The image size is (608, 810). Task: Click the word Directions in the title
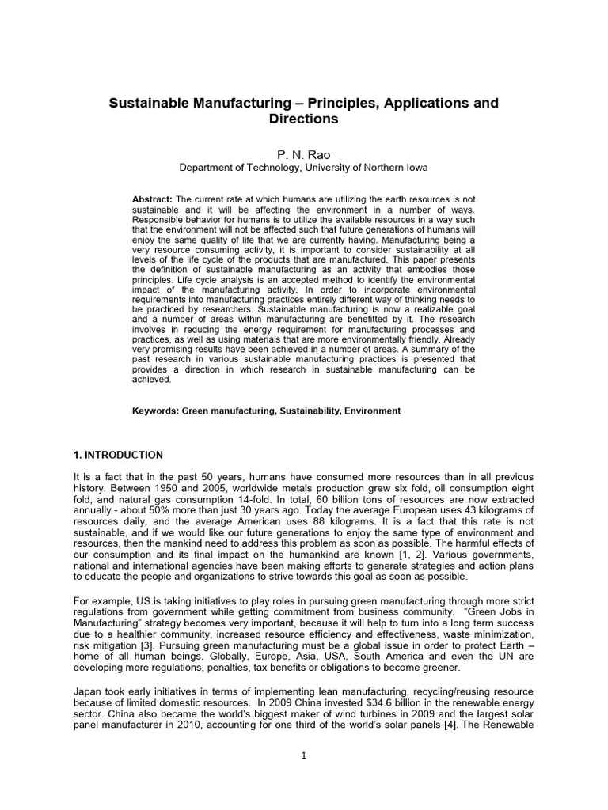[304, 119]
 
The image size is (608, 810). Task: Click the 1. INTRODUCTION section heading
[118, 455]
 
